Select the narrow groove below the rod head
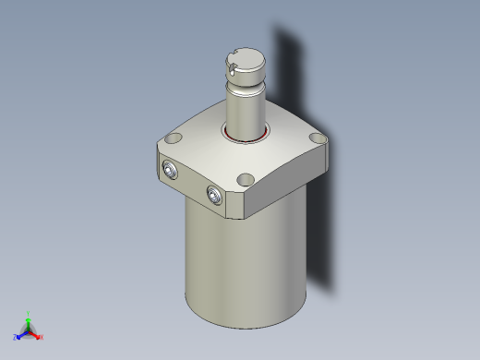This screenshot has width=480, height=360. pos(246,88)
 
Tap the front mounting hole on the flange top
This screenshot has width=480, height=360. pos(246,180)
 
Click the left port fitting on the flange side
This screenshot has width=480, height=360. pos(171,169)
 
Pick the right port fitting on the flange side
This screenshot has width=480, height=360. pos(214,195)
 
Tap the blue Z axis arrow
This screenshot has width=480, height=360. pos(21,334)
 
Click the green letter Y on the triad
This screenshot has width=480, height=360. pos(29,313)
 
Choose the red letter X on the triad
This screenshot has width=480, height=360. pos(42,337)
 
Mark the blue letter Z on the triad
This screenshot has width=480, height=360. pos(16,337)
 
